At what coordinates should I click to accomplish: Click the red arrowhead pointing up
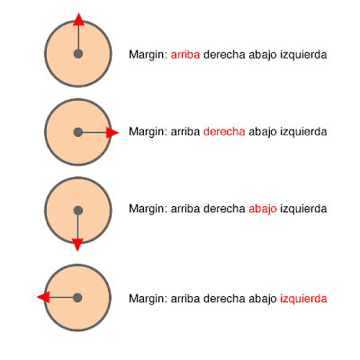78,19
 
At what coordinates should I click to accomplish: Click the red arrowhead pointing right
112,132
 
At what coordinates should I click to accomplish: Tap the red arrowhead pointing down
77,245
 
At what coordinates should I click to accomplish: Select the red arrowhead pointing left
43,297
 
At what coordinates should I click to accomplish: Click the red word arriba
185,55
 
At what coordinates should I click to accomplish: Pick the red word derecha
224,131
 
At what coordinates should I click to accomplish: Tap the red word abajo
263,209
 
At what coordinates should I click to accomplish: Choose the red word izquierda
303,299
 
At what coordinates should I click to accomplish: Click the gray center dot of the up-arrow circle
78,54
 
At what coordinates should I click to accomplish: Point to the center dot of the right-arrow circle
78,132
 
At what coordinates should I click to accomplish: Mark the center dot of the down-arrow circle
78,211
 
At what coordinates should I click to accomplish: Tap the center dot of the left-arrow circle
77,298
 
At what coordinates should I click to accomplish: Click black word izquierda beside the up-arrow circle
303,55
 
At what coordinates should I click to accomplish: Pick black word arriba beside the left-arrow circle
185,299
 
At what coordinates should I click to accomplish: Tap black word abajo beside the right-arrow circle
263,131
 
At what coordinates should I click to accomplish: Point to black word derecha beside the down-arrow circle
224,209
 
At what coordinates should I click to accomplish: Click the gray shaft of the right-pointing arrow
94,132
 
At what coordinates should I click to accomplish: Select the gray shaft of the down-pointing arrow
78,227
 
